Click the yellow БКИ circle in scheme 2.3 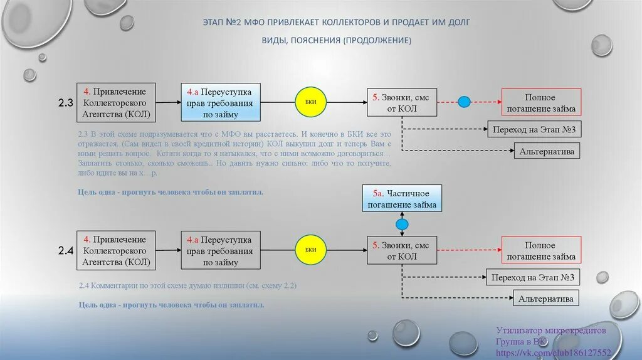pyautogui.click(x=311, y=102)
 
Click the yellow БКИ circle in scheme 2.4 pyautogui.click(x=311, y=250)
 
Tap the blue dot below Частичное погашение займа pyautogui.click(x=402, y=224)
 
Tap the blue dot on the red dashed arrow pyautogui.click(x=464, y=102)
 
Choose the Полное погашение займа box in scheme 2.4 pyautogui.click(x=541, y=251)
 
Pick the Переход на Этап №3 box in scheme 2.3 pyautogui.click(x=534, y=130)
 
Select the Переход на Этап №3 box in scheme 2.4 pyautogui.click(x=533, y=277)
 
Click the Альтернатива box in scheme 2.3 pyautogui.click(x=546, y=151)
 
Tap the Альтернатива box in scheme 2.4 pyautogui.click(x=545, y=299)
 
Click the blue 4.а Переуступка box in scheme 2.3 pyautogui.click(x=221, y=102)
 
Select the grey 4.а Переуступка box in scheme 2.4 pyautogui.click(x=221, y=250)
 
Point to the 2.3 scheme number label pyautogui.click(x=66, y=103)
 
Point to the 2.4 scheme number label pyautogui.click(x=66, y=251)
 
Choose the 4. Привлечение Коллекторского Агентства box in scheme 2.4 pyautogui.click(x=116, y=250)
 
